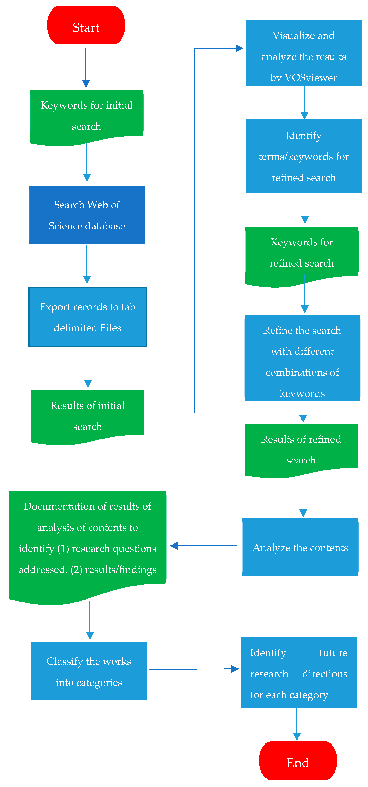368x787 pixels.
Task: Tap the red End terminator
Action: pos(298,761)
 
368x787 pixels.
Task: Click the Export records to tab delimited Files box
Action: pos(88,317)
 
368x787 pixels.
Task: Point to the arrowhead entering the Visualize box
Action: pos(239,48)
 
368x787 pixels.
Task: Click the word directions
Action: pos(325,674)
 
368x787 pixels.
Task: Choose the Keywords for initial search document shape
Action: pos(87,116)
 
